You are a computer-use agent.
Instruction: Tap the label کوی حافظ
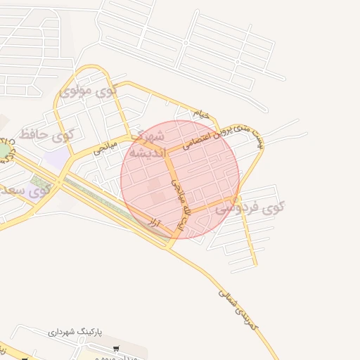(x=47, y=133)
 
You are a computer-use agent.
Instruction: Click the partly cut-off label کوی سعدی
(x=25, y=190)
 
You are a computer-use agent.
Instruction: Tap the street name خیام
(x=201, y=112)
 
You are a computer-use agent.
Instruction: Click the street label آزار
(x=155, y=225)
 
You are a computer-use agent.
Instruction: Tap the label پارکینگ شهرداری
(x=78, y=330)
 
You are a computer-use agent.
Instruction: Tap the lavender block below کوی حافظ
(x=58, y=157)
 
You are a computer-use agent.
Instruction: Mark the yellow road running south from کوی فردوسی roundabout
(x=247, y=232)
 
